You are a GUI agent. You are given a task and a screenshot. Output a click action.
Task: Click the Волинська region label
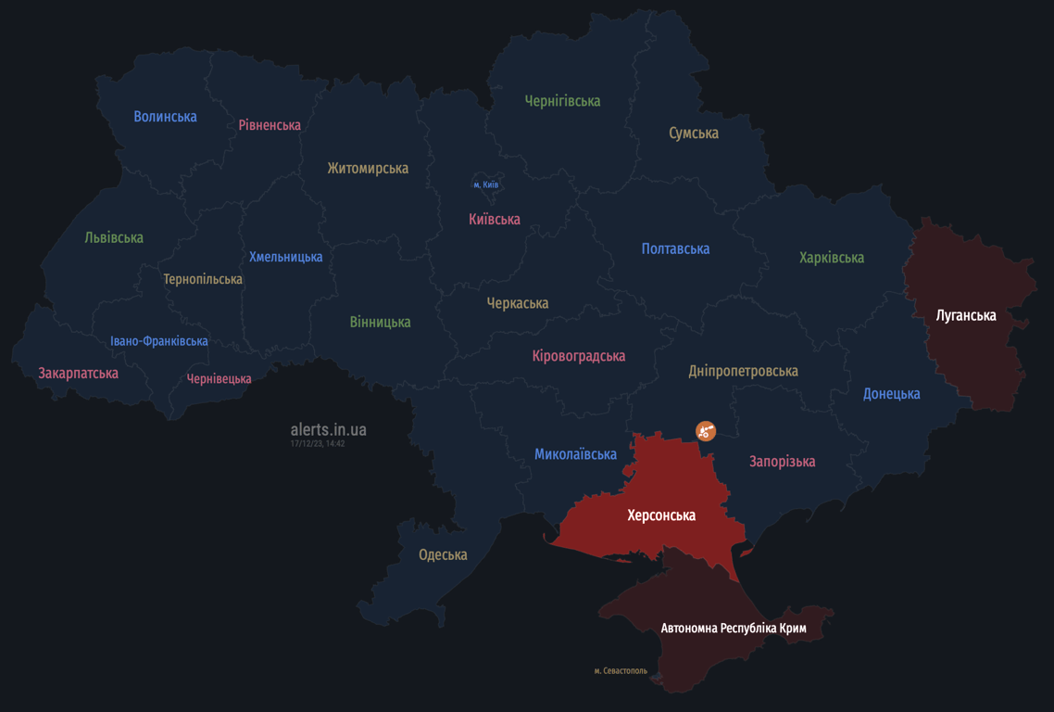coord(165,117)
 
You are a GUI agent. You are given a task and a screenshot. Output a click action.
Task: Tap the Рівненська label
coord(270,125)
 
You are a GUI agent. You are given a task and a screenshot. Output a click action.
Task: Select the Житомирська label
coord(368,169)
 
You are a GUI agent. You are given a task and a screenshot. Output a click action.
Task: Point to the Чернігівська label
coord(562,101)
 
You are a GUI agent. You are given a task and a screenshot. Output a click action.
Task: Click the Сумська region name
coord(694,133)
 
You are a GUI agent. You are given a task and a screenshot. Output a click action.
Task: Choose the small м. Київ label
coord(486,185)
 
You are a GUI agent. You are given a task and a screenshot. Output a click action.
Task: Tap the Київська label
coord(495,220)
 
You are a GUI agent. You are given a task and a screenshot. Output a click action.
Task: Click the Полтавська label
coord(675,248)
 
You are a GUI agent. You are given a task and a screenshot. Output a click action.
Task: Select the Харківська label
coord(832,258)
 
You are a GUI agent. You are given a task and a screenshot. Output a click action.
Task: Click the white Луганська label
coord(966,315)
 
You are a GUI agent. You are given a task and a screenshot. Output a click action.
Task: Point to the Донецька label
coord(891,394)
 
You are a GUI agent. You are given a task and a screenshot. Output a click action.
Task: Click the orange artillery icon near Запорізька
coord(706,430)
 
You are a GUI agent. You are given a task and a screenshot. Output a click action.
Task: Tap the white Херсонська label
coord(661,515)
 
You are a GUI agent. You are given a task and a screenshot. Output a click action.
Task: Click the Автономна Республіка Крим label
coord(734,629)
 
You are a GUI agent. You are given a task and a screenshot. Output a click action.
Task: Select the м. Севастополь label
coord(621,670)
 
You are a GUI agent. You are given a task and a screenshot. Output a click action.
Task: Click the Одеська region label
coord(443,555)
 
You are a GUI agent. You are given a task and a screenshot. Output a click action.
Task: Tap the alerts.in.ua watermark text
coord(328,429)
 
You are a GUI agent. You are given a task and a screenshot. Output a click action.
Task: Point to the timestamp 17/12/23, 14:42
coord(318,444)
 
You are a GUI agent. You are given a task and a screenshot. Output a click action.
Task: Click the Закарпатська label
coord(78,374)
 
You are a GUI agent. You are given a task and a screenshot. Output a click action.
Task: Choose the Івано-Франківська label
coord(159,341)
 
